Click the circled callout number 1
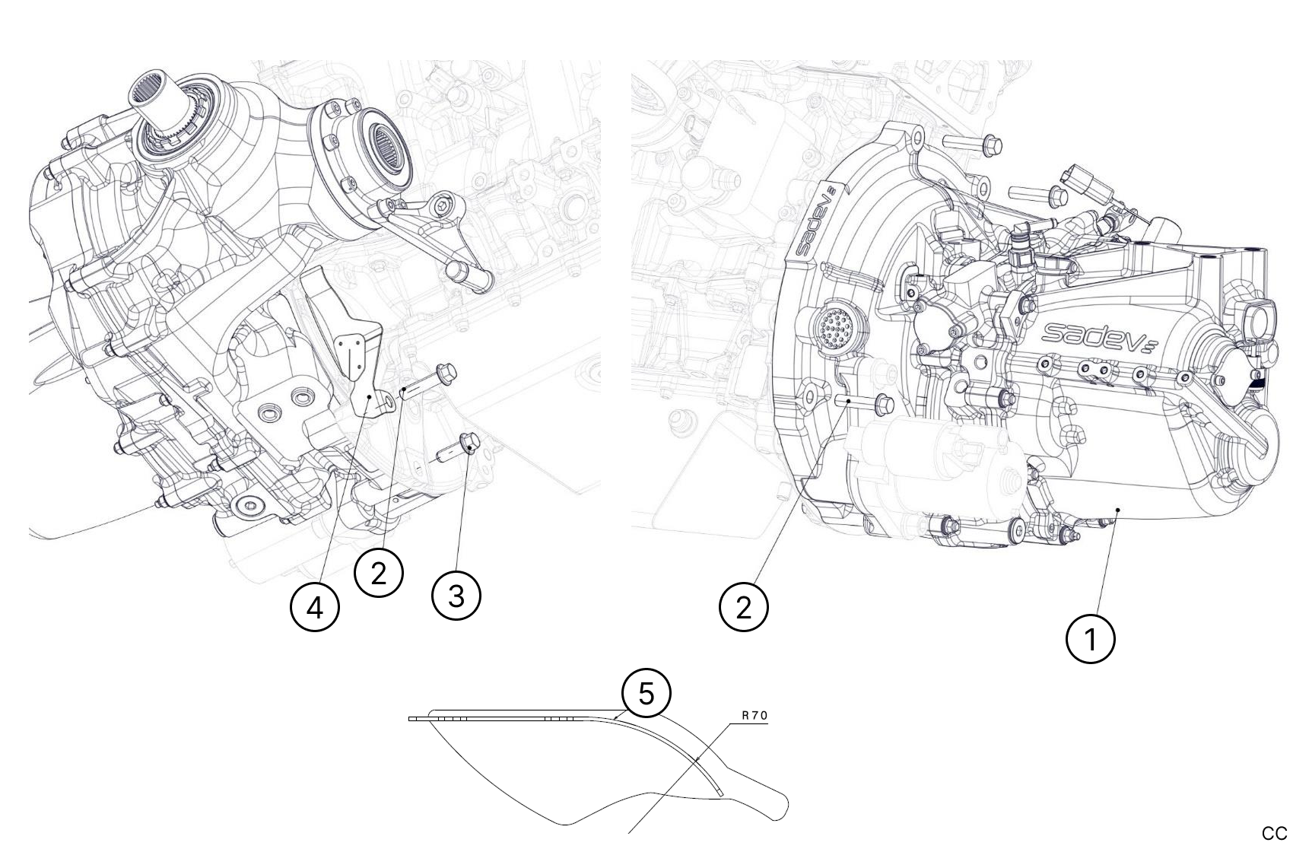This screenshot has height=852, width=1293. point(1090,640)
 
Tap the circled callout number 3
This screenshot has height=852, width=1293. point(456,596)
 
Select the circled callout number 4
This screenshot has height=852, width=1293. point(315,607)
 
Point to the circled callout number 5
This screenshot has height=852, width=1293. point(646,693)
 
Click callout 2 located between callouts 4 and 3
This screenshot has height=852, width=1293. point(379,573)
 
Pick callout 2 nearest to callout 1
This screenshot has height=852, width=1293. point(744,607)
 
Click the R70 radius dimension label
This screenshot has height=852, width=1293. point(755,716)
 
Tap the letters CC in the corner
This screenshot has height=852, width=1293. point(1274,834)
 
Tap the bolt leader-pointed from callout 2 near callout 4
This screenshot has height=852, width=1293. point(428,380)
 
